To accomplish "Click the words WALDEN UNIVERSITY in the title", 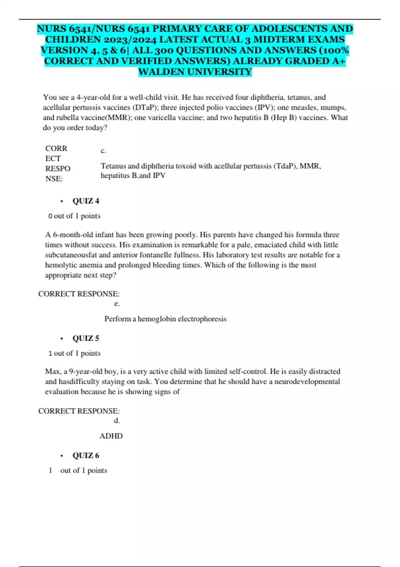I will click(195, 72).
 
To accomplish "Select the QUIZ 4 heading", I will click(86, 201).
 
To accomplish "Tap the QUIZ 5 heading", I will click(86, 338).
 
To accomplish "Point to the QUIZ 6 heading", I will click(86, 455).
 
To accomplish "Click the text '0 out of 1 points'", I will click(74, 216).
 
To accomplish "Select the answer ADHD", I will click(111, 436).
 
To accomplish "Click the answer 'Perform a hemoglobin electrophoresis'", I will click(165, 319).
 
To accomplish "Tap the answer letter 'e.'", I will click(117, 304).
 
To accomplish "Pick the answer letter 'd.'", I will click(117, 421).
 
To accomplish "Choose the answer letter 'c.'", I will click(103, 151).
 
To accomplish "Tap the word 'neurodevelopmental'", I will click(307, 381).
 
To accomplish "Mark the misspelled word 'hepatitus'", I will click(115, 175).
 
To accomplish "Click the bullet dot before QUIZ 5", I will click(62, 339).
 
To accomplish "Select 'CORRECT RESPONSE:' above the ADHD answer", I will click(79, 411).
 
